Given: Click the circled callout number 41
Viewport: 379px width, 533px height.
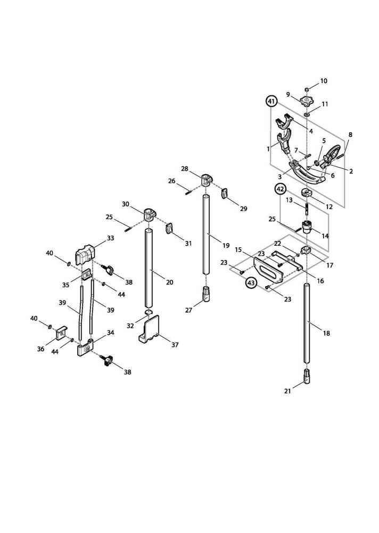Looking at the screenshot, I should [x=271, y=101].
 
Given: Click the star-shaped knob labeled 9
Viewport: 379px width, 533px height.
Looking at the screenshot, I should [x=307, y=101].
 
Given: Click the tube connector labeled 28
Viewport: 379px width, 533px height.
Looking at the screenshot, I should [x=206, y=178].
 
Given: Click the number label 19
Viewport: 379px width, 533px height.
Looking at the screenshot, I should [x=226, y=246].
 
